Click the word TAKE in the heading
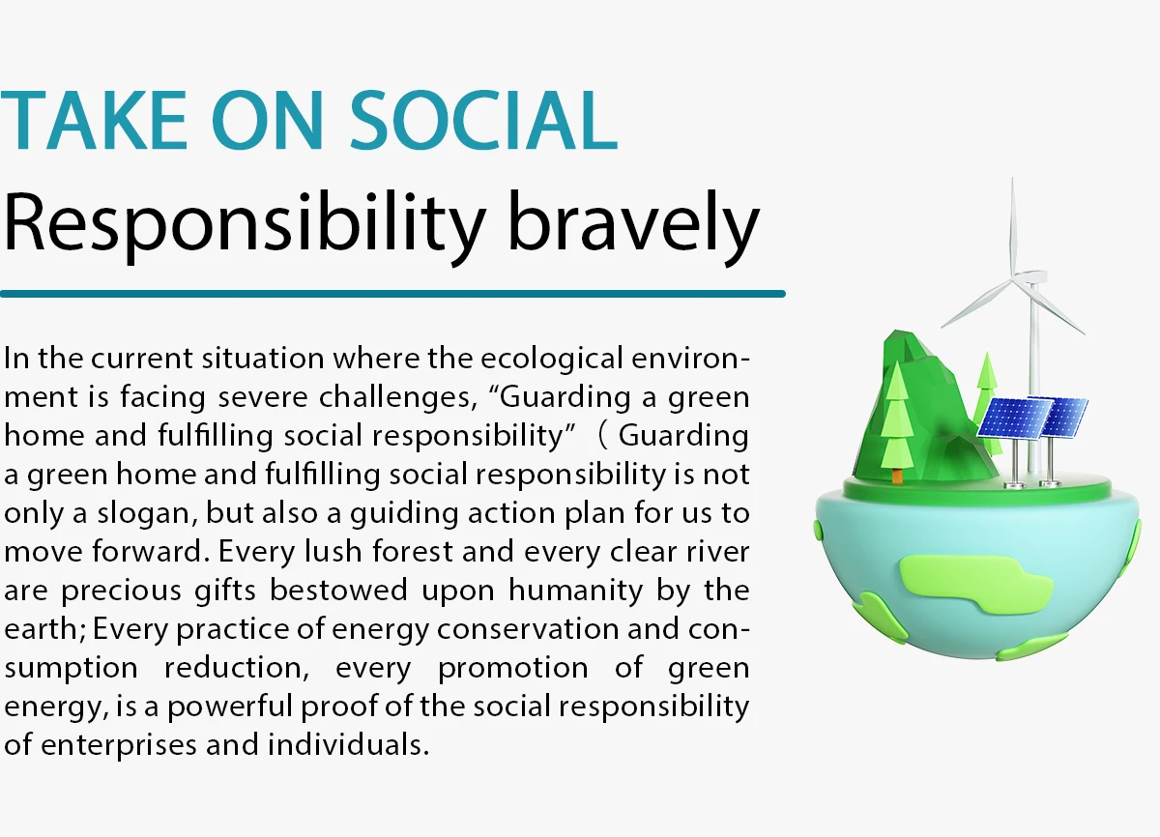[x=93, y=120]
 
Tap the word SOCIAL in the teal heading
[x=483, y=120]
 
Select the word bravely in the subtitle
[x=633, y=228]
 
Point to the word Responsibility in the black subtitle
[x=245, y=228]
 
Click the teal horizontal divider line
[x=392, y=294]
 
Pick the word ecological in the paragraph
[x=552, y=359]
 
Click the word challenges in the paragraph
[x=397, y=397]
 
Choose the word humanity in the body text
[x=575, y=591]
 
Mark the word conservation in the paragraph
[x=528, y=629]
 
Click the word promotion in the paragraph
[x=512, y=668]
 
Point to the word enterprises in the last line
[x=119, y=745]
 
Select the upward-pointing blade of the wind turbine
[x=1012, y=230]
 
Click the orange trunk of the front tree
[x=897, y=476]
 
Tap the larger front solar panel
[x=1014, y=418]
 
